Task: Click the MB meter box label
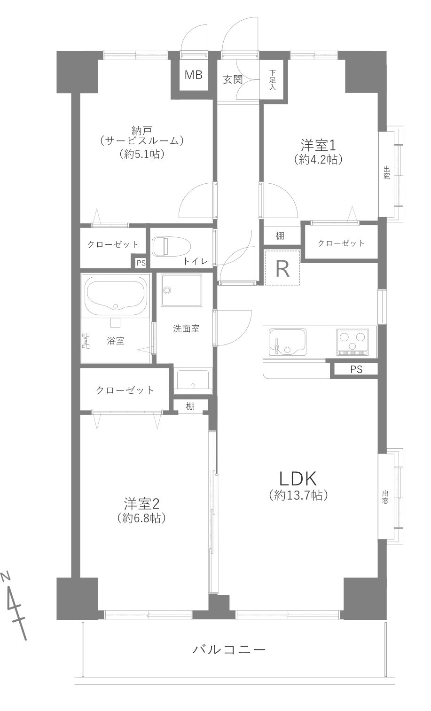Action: click(x=193, y=75)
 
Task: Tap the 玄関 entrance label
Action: click(x=232, y=79)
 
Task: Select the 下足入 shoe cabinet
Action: click(x=273, y=79)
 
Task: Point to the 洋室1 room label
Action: click(x=318, y=143)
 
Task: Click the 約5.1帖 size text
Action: click(x=141, y=154)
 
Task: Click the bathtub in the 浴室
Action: click(x=116, y=296)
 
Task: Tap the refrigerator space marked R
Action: click(x=282, y=268)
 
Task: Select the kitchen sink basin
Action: click(x=287, y=341)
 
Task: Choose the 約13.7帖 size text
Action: click(x=298, y=495)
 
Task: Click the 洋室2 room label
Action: click(x=142, y=503)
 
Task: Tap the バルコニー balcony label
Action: click(x=229, y=650)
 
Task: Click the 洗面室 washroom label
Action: click(x=186, y=329)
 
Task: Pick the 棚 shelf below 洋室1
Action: click(x=280, y=236)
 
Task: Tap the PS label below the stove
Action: click(x=356, y=369)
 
